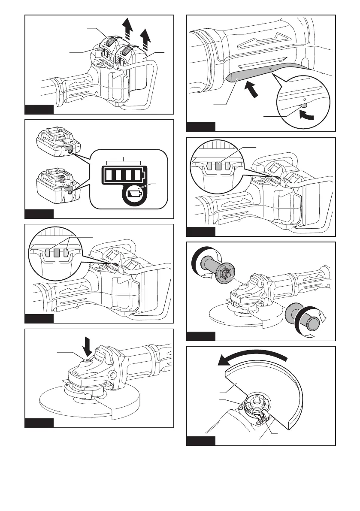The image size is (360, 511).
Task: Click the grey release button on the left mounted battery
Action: point(111,42)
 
